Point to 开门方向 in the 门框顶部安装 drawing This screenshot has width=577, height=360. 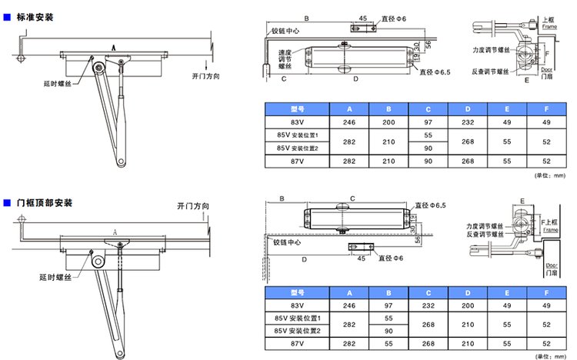pyautogui.click(x=192, y=206)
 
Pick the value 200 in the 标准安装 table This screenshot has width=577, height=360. pyautogui.click(x=389, y=122)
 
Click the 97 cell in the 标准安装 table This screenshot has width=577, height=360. pyautogui.click(x=429, y=122)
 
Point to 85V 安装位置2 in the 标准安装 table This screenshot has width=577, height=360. pyautogui.click(x=297, y=148)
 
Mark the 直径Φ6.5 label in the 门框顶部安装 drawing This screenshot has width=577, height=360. pyautogui.click(x=430, y=205)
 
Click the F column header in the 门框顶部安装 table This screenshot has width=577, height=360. pyautogui.click(x=546, y=292)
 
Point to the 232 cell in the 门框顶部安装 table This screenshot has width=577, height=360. pyautogui.click(x=429, y=305)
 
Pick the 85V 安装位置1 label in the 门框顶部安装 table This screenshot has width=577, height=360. pyautogui.click(x=297, y=318)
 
